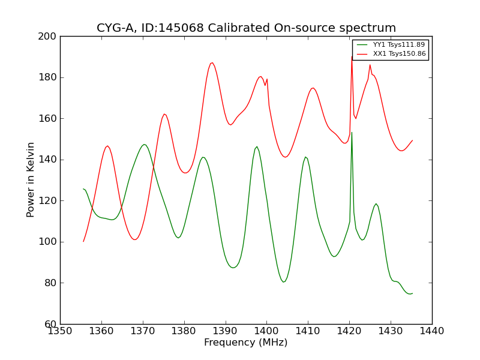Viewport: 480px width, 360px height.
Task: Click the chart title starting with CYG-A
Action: coord(246,28)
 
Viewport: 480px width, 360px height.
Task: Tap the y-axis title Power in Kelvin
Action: coord(31,179)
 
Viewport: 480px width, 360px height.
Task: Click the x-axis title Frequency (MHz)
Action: coord(245,343)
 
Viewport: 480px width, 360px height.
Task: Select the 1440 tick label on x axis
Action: coord(432,331)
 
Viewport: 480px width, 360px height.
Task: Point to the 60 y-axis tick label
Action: coord(50,324)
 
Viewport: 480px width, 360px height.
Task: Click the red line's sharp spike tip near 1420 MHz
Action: coord(352,57)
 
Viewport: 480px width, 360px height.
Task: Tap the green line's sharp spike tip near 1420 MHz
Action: coord(352,133)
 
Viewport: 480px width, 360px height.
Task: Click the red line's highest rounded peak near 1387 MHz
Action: coord(212,62)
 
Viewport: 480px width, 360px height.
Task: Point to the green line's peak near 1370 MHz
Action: coord(144,145)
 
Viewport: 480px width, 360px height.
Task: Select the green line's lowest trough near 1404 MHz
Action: coord(284,281)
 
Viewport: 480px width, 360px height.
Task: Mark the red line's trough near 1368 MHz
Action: coord(135,239)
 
